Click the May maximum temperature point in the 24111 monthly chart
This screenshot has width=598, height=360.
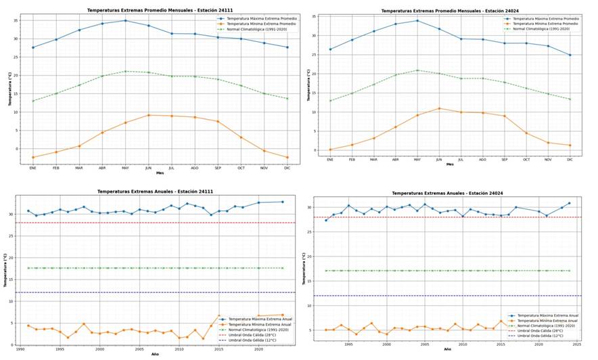coord(125,20)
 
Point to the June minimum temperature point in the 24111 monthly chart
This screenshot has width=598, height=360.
coord(149,115)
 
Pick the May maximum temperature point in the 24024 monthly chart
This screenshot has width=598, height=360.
coord(417,20)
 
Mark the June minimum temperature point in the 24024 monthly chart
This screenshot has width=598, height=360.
coord(439,108)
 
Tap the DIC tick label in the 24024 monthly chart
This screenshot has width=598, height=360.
coord(570,159)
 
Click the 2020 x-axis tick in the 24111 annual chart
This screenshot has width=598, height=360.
coord(258,348)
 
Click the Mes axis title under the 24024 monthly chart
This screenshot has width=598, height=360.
coord(449,164)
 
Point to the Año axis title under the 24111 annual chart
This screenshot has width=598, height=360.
coord(155,354)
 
